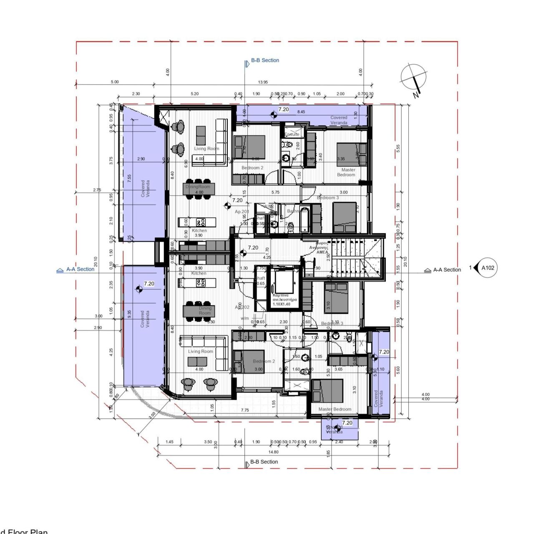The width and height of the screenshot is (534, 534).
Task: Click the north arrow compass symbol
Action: (x=413, y=78)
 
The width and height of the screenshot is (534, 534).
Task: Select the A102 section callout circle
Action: (x=487, y=268)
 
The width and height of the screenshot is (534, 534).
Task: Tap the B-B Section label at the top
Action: (x=264, y=60)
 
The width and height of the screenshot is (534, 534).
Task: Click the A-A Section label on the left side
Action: (x=80, y=270)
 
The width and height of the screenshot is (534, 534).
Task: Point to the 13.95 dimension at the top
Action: (x=263, y=82)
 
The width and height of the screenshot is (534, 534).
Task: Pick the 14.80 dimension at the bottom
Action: (x=273, y=452)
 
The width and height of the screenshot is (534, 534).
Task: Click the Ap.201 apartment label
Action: (x=242, y=212)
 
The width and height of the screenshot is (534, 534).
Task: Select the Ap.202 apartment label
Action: (x=242, y=307)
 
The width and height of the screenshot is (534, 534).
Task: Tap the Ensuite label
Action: (x=292, y=134)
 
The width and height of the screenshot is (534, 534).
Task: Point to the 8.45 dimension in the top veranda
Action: (x=301, y=112)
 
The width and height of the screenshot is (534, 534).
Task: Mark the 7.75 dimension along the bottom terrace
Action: (x=245, y=410)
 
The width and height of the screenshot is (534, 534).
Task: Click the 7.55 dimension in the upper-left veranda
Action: (x=129, y=178)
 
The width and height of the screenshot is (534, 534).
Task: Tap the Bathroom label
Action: (x=297, y=211)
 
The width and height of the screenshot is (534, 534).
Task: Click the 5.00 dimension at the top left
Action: (x=114, y=82)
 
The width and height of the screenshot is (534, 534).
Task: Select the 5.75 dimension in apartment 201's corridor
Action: (x=275, y=192)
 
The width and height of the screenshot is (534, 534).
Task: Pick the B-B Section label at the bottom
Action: (x=264, y=462)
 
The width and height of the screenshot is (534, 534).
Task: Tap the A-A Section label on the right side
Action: (x=447, y=270)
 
